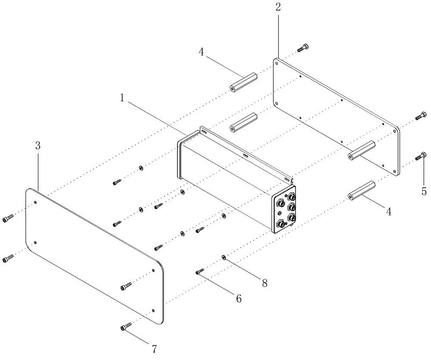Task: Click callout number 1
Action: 122,98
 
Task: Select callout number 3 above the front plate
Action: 38,146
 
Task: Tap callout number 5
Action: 424,190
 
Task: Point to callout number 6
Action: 238,298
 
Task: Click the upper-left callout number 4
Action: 201,53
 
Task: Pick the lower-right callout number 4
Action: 388,212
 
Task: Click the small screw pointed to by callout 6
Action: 200,272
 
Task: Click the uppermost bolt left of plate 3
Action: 8,219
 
